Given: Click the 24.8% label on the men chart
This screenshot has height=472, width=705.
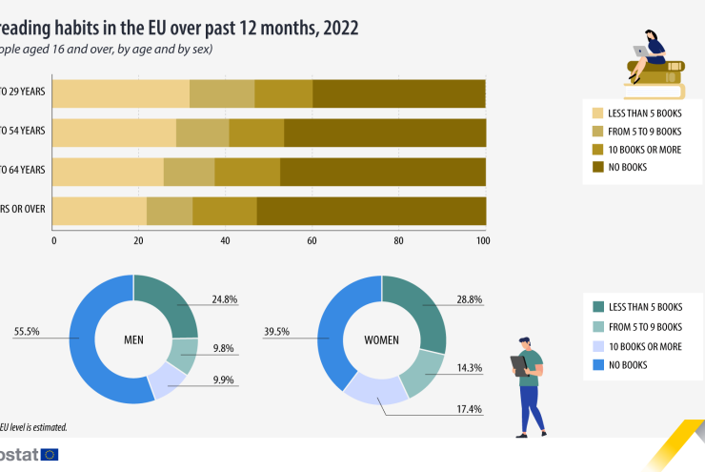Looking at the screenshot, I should [225, 299].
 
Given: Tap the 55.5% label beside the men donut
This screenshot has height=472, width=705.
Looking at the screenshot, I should [27, 333].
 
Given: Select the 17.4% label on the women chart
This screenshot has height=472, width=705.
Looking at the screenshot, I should [469, 409].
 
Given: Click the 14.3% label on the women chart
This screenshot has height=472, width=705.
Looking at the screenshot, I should [469, 367].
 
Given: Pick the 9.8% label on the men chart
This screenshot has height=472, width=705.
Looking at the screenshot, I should [225, 349].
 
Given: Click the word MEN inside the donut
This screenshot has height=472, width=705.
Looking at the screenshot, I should [133, 339].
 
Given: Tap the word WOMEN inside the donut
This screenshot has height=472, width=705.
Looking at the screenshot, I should [381, 339].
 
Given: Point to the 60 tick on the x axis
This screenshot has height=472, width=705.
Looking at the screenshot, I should [312, 240].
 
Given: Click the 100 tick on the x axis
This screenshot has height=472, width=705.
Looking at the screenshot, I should [483, 240].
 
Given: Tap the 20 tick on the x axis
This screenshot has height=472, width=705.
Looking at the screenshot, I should [139, 240].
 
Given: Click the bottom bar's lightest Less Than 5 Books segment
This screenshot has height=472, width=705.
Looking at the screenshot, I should [100, 210].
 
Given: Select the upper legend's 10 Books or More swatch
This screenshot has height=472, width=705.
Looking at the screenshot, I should [598, 150].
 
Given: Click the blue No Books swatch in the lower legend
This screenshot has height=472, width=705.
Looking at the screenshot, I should [598, 365].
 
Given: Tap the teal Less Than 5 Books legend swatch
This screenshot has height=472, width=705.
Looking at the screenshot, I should [598, 307].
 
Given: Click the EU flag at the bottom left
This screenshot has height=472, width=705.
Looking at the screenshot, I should [50, 455].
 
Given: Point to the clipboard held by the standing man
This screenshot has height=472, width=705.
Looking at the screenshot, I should [518, 363].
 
